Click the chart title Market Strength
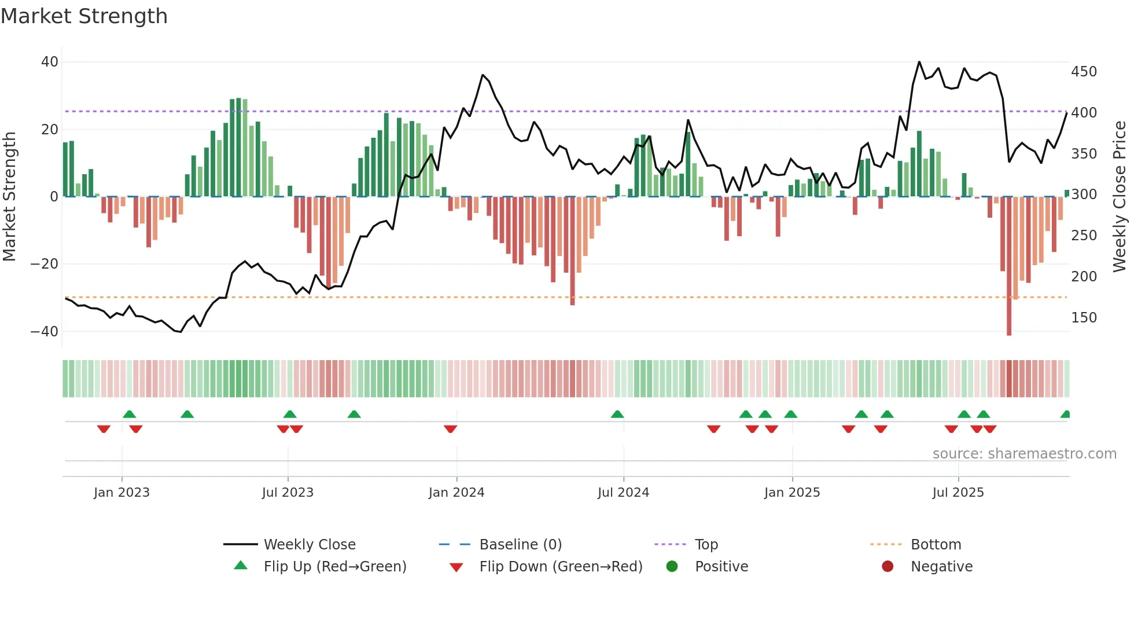(84, 16)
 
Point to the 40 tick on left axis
(50, 62)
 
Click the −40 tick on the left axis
(45, 332)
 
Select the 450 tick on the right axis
(1084, 72)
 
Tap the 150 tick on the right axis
(1084, 318)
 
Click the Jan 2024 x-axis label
(456, 493)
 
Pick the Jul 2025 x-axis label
(958, 493)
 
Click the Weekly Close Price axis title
(1119, 197)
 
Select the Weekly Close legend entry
(309, 545)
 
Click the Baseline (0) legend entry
(520, 545)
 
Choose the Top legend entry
(706, 545)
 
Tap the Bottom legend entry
(936, 545)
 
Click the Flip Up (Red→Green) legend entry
(334, 567)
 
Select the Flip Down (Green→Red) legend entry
(560, 567)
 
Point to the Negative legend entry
(941, 567)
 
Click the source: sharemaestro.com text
(1024, 454)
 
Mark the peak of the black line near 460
(919, 62)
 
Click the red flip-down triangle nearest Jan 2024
(450, 429)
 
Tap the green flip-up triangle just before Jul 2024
(617, 415)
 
